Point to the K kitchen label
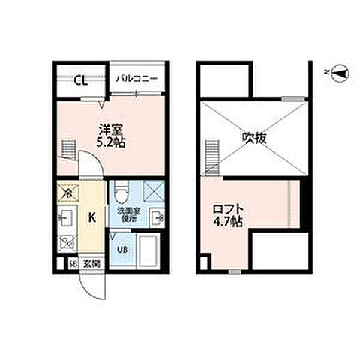point(91,218)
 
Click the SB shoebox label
point(73,263)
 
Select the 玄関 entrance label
point(90,263)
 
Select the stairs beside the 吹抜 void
point(209,157)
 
